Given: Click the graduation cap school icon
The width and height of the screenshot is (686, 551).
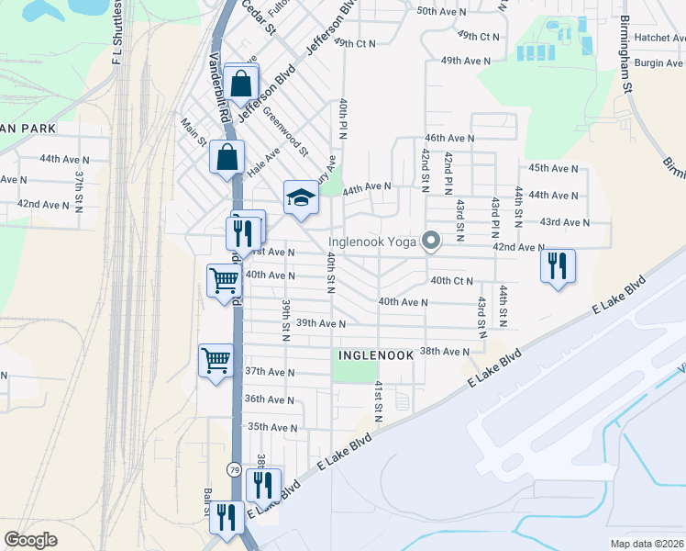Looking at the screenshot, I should coord(300,197).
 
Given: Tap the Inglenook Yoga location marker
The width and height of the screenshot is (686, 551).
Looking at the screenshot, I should coord(431,242).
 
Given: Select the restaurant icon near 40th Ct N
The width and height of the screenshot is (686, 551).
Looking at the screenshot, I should coord(558,266).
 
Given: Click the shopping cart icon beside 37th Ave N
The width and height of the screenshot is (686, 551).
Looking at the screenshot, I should coord(216,359).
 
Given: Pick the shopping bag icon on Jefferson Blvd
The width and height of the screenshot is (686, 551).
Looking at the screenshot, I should coord(241,83).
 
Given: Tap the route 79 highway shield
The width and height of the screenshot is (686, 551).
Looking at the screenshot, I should coord(235,469).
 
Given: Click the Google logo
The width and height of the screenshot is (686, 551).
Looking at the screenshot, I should coord(31,540).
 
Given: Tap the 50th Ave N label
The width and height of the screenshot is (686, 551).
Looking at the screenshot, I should coord(441,11).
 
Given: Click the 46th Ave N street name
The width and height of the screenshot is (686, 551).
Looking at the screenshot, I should coord(449,137).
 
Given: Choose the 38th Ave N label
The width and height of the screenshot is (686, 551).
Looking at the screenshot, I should coord(445,351).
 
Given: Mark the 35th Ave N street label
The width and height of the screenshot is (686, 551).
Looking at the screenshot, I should coord(271,426).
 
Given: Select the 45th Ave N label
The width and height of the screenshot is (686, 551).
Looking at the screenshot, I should coord(554,168).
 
